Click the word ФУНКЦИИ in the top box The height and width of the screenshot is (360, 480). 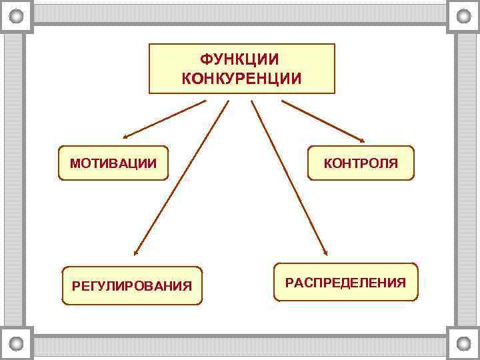[241, 61]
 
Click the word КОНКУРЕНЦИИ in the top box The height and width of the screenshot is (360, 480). [241, 79]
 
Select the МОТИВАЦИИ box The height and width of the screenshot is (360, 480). [113, 163]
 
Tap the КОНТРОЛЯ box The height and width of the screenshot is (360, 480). [361, 163]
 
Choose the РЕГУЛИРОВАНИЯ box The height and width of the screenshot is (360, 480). [131, 286]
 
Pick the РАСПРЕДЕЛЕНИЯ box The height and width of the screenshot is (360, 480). [345, 282]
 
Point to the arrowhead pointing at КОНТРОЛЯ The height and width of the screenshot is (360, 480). [361, 139]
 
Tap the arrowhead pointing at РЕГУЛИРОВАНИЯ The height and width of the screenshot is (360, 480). [135, 252]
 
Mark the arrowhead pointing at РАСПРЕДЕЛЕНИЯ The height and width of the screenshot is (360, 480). [325, 252]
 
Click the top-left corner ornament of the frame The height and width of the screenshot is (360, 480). [17, 17]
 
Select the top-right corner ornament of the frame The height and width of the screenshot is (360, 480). [463, 17]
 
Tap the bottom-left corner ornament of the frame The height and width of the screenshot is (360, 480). [17, 343]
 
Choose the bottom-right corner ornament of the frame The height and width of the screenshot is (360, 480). [463, 343]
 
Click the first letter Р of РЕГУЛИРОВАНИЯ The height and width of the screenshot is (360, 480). [75, 287]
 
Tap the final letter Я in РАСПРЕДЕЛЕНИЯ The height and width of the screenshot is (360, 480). [401, 283]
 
